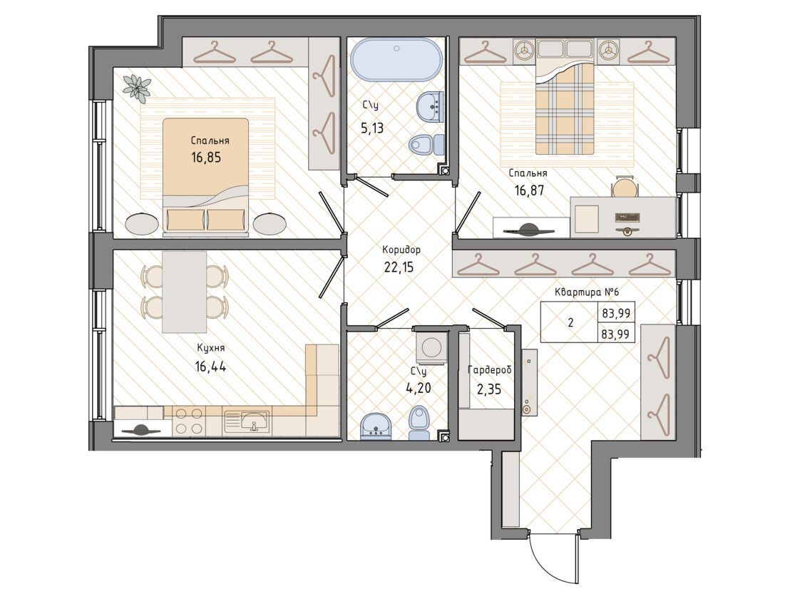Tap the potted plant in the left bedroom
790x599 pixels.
(x=136, y=86)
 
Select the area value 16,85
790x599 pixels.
(x=206, y=157)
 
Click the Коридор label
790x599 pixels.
(x=401, y=250)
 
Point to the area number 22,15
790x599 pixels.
(x=399, y=267)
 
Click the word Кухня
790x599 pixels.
(x=210, y=348)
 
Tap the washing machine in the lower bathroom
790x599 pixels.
(x=431, y=347)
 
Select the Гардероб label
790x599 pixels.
(x=490, y=370)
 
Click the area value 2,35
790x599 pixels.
(x=488, y=389)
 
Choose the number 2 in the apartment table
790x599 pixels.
(x=570, y=323)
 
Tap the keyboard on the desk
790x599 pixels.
(x=627, y=217)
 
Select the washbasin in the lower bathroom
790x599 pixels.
(x=376, y=426)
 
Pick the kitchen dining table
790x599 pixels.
(x=185, y=292)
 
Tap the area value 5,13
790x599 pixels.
(x=371, y=128)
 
